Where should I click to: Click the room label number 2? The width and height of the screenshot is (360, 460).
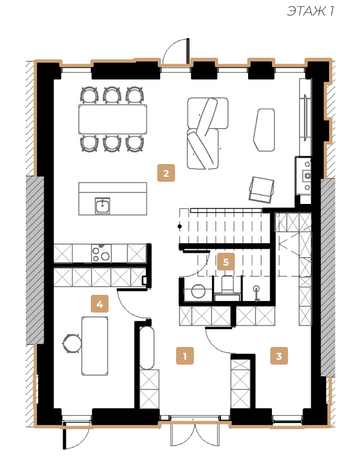coord(166,173)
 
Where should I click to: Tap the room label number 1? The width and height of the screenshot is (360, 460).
coord(185,356)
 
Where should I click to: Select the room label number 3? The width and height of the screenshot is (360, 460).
coord(279,356)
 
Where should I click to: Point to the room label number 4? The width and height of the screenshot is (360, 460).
coord(100,304)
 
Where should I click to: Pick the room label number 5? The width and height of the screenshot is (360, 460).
coord(226,262)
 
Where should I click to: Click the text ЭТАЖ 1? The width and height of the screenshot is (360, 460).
coord(310,11)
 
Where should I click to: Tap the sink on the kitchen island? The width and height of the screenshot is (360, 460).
coord(102,206)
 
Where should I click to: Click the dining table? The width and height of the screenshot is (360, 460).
coord(112,119)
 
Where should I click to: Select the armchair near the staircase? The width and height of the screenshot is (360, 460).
coord(261,190)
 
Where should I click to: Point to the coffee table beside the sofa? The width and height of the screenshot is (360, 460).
coord(264,130)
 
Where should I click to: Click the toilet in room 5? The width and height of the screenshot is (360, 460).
coord(227,288)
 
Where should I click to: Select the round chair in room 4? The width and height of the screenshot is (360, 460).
coord(72,343)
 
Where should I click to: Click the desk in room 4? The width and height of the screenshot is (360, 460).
coord(95,346)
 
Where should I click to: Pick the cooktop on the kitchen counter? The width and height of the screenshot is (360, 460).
coord(101,253)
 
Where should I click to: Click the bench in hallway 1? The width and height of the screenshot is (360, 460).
coord(147,348)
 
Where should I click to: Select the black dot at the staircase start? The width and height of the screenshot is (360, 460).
coord(179,227)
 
